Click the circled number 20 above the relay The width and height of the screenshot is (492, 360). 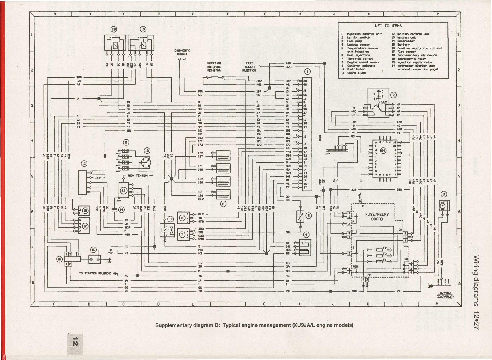pos(114,29)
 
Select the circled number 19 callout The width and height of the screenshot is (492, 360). pos(143,29)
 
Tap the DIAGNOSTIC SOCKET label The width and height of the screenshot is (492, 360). pos(182,52)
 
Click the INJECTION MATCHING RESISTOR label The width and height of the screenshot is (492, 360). pos(214,67)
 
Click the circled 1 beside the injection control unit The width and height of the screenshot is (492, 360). pos(308,72)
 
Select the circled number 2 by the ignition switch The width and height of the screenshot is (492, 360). pos(393,95)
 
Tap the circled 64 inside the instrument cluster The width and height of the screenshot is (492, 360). pos(383,151)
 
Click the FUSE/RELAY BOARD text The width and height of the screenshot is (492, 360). pos(377,217)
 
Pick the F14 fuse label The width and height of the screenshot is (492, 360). pos(385,248)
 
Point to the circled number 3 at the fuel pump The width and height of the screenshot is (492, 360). pos(444,195)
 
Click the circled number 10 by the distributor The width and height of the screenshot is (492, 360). pos(147,151)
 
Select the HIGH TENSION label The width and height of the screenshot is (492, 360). pos(138,175)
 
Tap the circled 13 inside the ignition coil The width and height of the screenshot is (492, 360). pos(124,191)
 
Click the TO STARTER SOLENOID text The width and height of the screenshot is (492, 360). pos(95,273)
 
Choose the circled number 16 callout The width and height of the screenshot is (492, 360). pos(59,259)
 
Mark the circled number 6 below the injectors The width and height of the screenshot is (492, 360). pos(223,204)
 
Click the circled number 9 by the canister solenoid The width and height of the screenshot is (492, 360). pos(170,219)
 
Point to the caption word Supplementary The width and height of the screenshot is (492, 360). pos(171,325)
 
